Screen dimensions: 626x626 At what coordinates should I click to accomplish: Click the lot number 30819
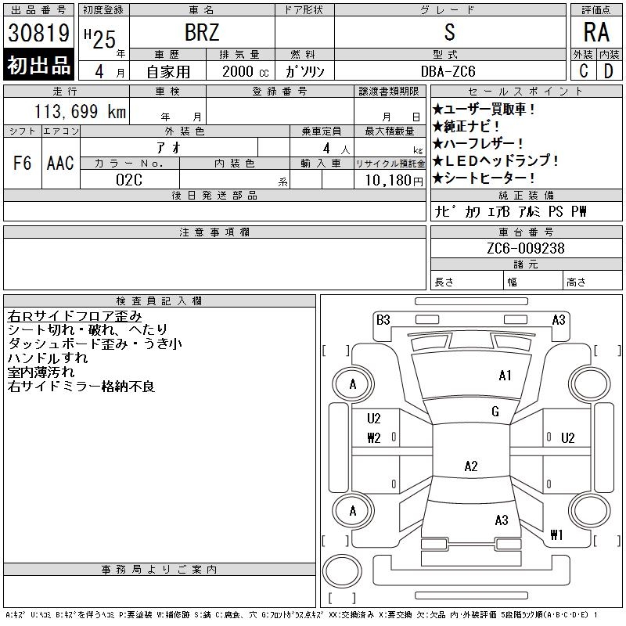38,33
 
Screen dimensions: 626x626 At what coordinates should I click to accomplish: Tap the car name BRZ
202,32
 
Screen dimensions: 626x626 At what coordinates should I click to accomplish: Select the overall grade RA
596,32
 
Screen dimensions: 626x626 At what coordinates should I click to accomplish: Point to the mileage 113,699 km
80,111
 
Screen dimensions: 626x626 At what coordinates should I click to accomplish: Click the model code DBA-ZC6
448,71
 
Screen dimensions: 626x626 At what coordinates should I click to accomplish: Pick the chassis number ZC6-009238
526,248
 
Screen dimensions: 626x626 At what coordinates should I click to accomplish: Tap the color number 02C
129,180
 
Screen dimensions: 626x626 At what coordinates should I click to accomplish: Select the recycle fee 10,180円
394,181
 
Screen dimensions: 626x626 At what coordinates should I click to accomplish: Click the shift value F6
23,163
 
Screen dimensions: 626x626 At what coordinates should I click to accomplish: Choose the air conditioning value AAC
60,163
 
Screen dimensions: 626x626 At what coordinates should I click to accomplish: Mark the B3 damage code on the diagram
383,320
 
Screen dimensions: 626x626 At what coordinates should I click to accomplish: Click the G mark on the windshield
495,412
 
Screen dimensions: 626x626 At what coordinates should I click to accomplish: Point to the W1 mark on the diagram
556,534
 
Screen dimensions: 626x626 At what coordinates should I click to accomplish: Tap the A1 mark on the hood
505,376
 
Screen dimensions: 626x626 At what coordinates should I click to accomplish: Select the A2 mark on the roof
471,466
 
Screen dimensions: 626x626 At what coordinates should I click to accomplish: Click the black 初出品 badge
38,65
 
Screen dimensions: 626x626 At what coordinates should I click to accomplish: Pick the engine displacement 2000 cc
246,71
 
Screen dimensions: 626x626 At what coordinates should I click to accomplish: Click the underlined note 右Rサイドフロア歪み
74,316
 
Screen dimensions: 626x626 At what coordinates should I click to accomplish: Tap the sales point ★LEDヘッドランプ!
495,160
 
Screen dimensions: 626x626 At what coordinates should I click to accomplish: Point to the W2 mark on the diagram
374,438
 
